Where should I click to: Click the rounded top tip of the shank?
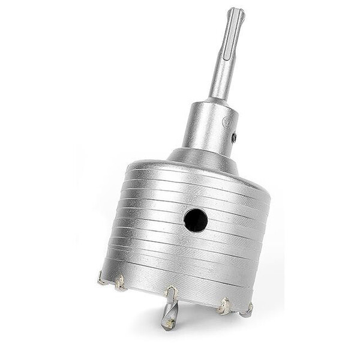click(235, 11)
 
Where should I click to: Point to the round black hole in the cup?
click(196, 220)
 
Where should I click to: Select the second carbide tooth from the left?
click(121, 283)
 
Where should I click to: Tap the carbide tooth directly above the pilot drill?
click(171, 293)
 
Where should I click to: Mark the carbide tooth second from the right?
click(224, 306)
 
